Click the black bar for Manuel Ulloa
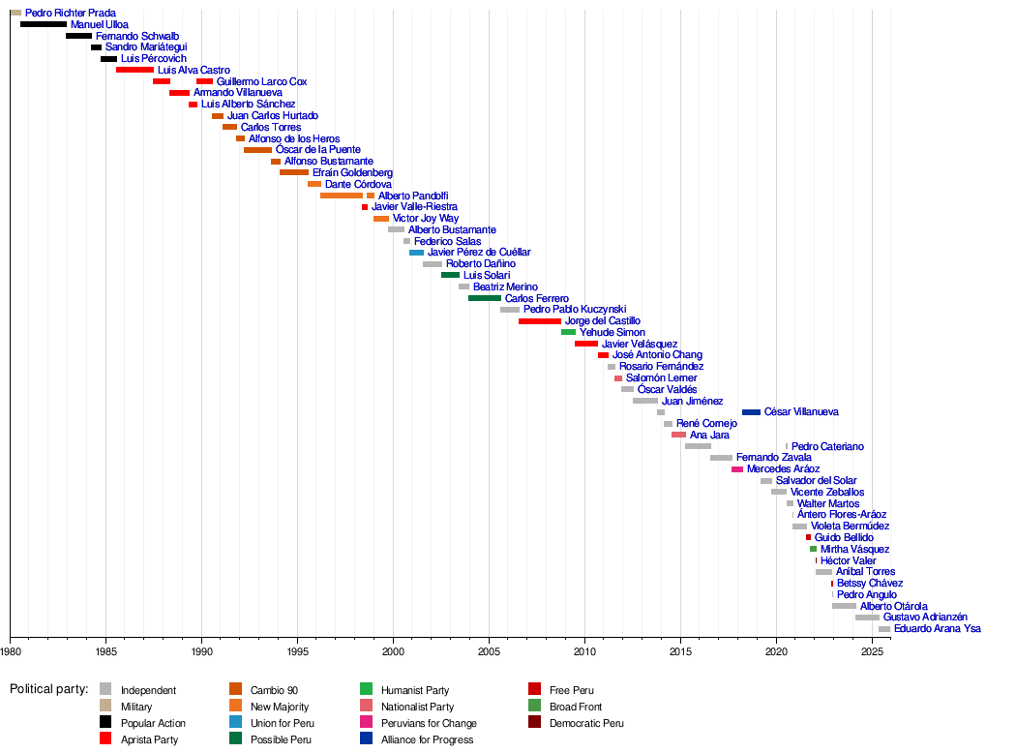click(44, 24)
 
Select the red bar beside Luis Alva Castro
click(134, 70)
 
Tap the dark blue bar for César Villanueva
click(751, 412)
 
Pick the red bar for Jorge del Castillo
click(539, 321)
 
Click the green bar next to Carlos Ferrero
click(484, 298)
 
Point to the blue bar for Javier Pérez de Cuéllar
click(416, 253)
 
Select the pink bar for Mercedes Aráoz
click(737, 469)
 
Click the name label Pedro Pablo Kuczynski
click(575, 310)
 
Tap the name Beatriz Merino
click(505, 287)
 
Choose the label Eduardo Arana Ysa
click(937, 629)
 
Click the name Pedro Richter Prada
click(70, 14)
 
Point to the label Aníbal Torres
click(865, 572)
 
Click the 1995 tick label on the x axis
click(297, 653)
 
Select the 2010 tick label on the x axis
click(584, 653)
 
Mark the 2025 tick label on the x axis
click(872, 653)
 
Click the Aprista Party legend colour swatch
click(106, 738)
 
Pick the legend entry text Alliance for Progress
click(429, 739)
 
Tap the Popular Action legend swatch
click(106, 722)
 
